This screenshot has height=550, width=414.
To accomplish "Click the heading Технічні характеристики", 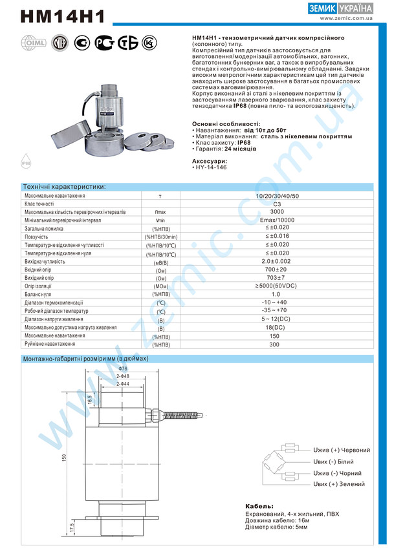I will pyautogui.click(x=64, y=187).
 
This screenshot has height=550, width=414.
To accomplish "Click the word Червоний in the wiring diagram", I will pyautogui.click(x=356, y=450).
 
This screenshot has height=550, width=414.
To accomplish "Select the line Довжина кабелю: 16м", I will pyautogui.click(x=278, y=520).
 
